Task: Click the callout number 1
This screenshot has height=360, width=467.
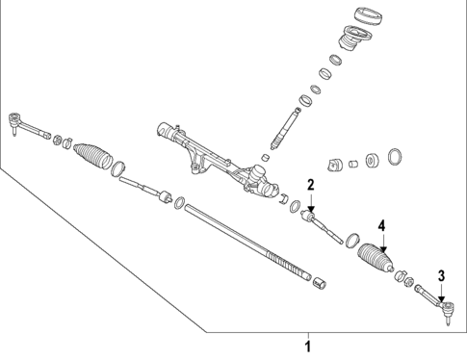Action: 308,347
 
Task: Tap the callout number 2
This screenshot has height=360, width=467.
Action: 310,185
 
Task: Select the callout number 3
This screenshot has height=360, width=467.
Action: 442,276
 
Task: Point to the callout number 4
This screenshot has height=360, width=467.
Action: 381,226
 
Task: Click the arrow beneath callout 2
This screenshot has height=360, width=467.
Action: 311,202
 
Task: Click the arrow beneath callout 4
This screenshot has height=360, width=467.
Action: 383,243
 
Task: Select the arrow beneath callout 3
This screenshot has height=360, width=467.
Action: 442,293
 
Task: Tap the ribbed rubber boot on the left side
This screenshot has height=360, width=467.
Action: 92,156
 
